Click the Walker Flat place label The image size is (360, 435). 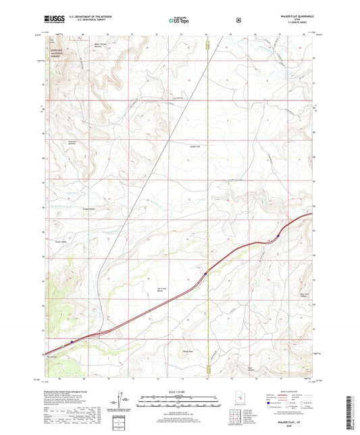[x=196, y=145]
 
